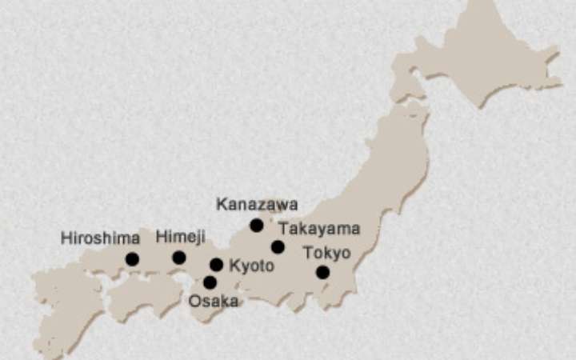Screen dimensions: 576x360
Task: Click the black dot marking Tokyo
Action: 322,272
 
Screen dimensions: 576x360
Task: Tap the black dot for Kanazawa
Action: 256,226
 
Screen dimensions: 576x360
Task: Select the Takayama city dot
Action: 278,246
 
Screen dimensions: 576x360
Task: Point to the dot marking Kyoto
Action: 216,265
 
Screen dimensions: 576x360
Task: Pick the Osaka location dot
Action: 210,282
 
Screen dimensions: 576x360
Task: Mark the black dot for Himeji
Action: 179,258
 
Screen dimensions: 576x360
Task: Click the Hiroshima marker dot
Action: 132,258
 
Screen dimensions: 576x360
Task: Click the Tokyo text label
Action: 326,253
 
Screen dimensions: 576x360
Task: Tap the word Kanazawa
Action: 257,205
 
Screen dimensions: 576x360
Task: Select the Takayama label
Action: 319,229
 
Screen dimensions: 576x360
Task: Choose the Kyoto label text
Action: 252,266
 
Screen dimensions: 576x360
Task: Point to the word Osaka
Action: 214,301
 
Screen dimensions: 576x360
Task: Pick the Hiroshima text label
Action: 100,238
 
